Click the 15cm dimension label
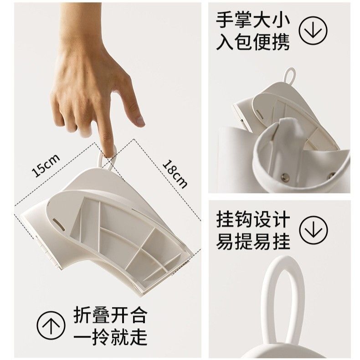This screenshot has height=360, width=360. click(46, 165)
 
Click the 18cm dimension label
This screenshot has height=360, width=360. click(175, 174)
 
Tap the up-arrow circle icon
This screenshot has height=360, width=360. click(51, 325)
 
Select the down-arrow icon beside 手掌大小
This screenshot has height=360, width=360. click(313, 31)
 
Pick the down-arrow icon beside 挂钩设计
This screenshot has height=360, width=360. click(314, 230)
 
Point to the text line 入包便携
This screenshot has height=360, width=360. click(253, 42)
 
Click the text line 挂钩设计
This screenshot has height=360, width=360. click(253, 220)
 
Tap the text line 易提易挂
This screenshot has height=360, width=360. click(253, 242)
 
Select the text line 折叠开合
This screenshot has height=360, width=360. click(110, 315)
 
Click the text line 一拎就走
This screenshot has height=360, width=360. click(110, 337)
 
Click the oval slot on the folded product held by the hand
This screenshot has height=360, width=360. click(58, 223)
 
